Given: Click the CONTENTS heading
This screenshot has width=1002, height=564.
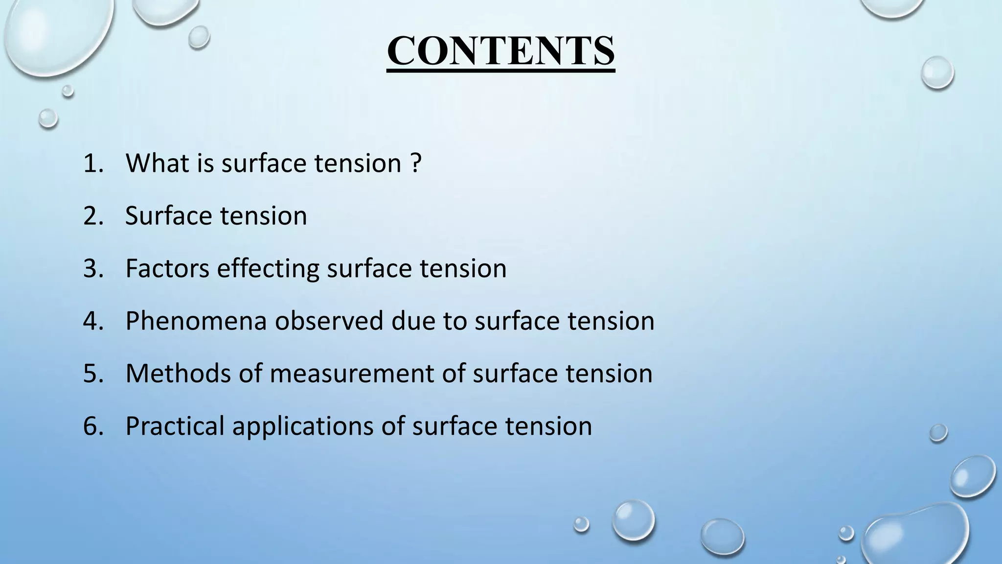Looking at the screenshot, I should [x=501, y=51].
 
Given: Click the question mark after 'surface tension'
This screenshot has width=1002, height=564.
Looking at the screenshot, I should [x=415, y=163].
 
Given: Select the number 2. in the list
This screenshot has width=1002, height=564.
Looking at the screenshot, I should [x=93, y=215].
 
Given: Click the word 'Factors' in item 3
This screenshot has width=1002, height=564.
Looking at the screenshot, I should [x=167, y=268].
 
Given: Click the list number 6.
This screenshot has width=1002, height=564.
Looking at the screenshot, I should [x=93, y=426].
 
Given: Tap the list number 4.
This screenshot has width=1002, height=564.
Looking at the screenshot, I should [x=93, y=321].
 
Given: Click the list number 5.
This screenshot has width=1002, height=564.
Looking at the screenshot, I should [x=93, y=374].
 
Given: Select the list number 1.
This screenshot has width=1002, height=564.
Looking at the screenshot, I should [x=93, y=163].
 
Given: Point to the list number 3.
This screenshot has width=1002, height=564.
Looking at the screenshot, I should [x=93, y=268].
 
